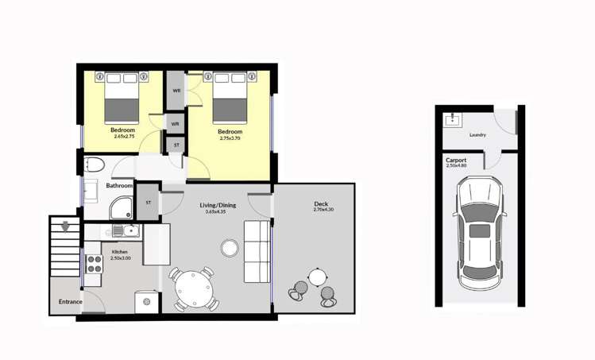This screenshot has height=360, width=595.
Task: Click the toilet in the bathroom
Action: (x=94, y=166)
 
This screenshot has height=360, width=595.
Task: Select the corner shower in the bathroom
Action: (x=122, y=207)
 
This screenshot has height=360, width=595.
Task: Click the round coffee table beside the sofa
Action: (x=230, y=248)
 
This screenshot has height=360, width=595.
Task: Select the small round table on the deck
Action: (x=317, y=277)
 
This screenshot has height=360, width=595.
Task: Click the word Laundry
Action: (x=478, y=135)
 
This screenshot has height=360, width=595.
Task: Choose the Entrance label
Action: (x=70, y=301)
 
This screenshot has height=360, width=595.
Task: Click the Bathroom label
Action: (x=119, y=186)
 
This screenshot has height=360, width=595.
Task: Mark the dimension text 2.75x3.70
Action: (x=230, y=138)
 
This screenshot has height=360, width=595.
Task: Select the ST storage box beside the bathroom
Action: (x=148, y=203)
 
